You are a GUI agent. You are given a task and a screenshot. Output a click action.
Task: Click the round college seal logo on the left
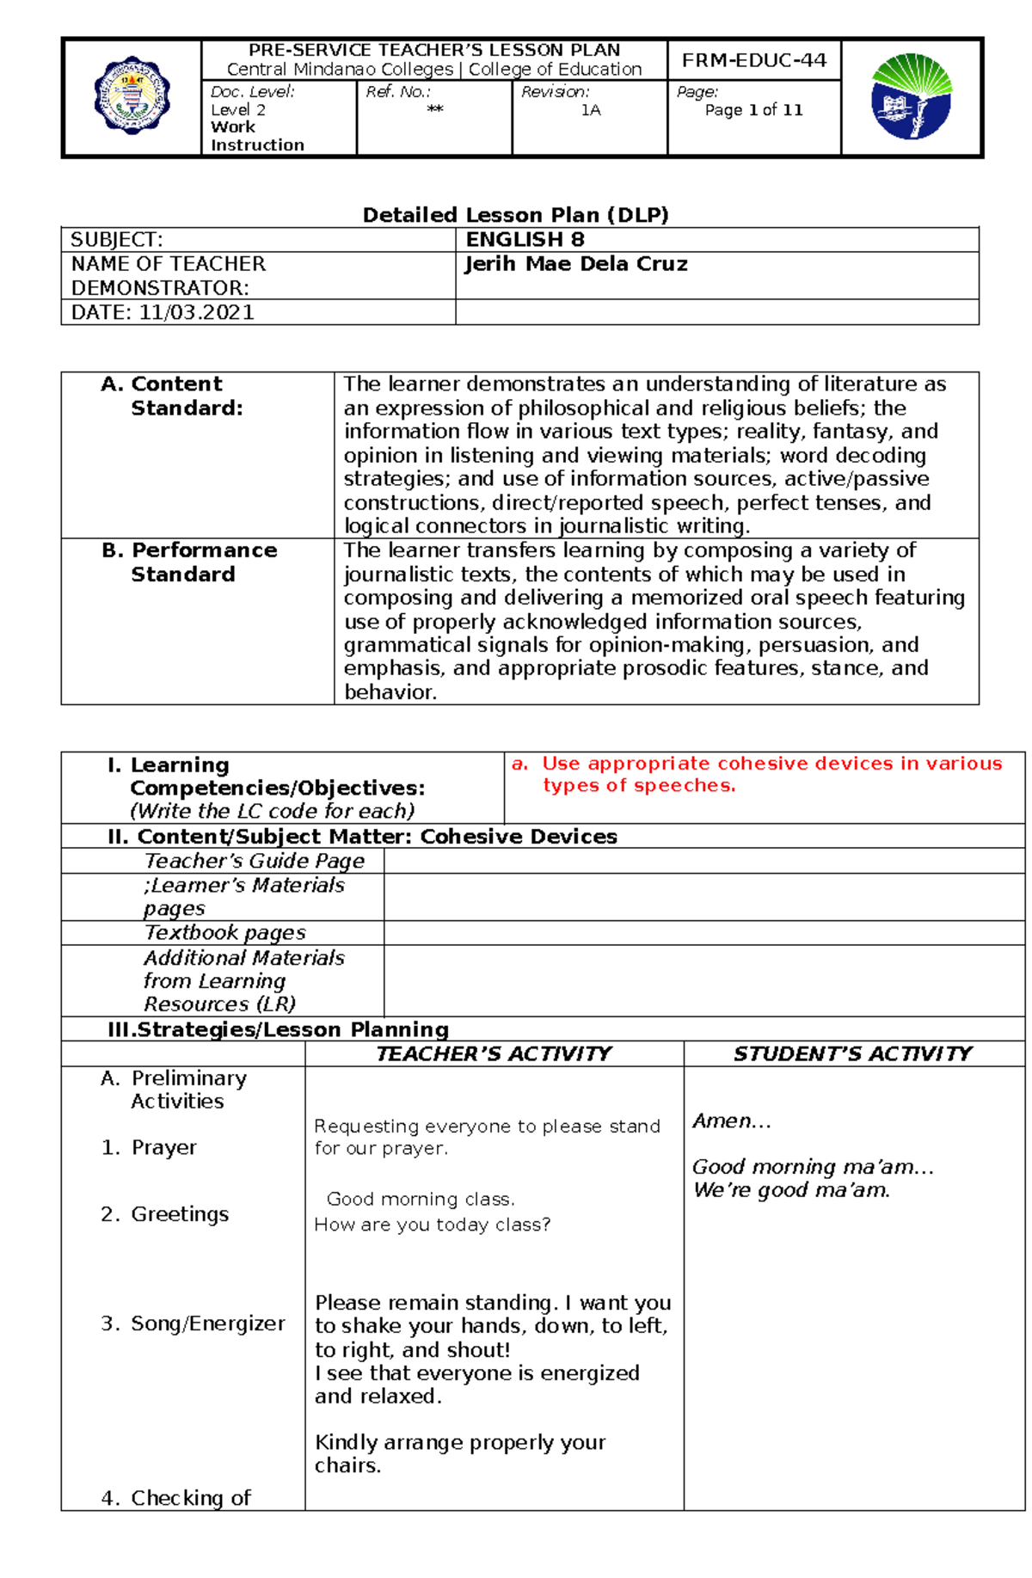(132, 95)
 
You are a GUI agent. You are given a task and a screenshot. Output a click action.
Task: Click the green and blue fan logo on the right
(911, 96)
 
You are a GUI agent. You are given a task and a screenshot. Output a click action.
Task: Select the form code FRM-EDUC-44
(753, 60)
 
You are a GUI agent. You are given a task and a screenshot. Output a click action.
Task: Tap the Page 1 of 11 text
(753, 110)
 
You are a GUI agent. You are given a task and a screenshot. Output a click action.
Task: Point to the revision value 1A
(590, 110)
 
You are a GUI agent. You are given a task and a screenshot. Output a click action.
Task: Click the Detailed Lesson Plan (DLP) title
(515, 215)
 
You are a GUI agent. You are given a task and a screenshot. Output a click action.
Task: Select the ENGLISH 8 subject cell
(525, 239)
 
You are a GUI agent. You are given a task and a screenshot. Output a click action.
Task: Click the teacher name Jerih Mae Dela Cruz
(576, 264)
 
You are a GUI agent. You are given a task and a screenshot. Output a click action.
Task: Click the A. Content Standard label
(172, 396)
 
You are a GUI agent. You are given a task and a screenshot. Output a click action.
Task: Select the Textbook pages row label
(224, 932)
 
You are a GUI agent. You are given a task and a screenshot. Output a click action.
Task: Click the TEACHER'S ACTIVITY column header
(494, 1053)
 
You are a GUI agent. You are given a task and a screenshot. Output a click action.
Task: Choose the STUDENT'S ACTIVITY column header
(852, 1053)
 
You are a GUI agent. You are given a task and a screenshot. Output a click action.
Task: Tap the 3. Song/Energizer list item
(193, 1323)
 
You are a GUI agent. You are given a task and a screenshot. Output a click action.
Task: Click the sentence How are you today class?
(432, 1224)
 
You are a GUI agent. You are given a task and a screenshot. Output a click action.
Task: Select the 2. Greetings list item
(165, 1213)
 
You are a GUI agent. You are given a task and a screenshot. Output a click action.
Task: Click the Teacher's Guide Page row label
(254, 861)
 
